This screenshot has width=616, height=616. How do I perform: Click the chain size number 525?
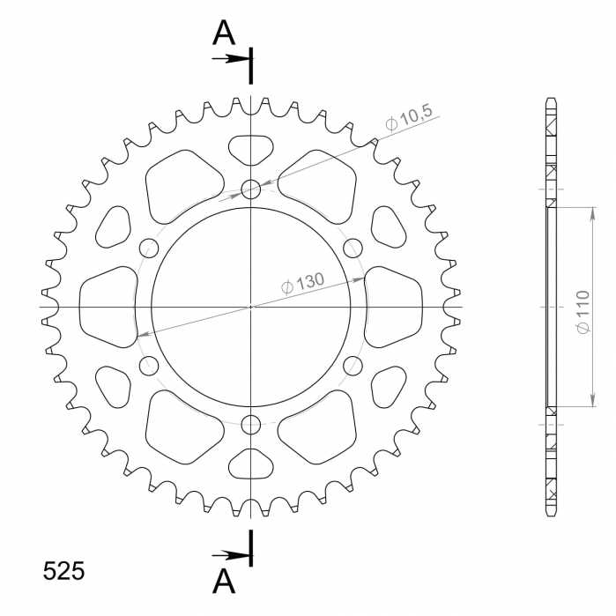point(64,571)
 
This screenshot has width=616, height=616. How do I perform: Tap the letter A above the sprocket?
point(226,33)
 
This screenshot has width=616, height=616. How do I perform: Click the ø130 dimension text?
point(303,284)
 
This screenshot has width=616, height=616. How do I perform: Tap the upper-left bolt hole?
point(148,247)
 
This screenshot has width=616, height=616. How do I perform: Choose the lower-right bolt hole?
point(353,365)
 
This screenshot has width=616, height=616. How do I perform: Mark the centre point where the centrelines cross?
point(251,307)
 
